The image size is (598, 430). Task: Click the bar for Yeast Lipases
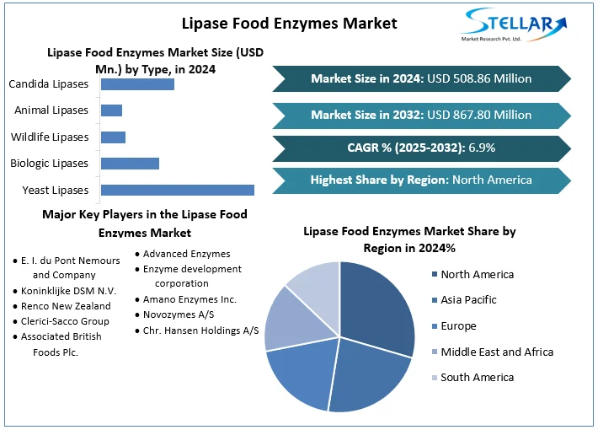177,190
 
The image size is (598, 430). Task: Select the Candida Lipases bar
137,84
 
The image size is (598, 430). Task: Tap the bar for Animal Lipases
111,110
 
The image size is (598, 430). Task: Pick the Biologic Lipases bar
130,164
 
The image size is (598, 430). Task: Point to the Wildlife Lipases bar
113,137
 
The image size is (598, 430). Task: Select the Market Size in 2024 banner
421,78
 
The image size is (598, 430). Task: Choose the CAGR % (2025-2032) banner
421,148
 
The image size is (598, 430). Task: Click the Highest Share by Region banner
421,180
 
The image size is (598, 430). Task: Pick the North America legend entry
477,274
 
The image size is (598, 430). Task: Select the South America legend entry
477,377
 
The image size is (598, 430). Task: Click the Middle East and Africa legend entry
497,352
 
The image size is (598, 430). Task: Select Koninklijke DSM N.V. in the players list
74,290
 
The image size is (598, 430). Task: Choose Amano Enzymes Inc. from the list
190,299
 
